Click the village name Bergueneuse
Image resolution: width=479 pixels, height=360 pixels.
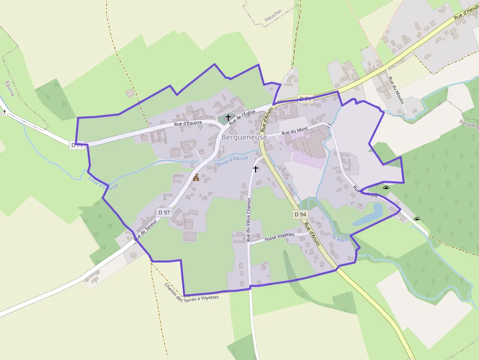click(244, 138)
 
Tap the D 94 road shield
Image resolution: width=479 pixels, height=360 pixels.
click(300, 214)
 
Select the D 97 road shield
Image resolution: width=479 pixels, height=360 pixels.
click(164, 212)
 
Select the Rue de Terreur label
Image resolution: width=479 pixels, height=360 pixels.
click(146, 230)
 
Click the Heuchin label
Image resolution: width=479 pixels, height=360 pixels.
click(274, 18)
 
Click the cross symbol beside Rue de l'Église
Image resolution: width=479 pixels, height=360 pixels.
click(228, 118)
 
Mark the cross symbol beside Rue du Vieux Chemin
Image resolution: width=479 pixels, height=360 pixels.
click(255, 169)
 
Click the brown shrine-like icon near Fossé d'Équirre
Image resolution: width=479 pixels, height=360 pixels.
click(196, 177)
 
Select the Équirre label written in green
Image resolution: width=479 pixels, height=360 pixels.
click(8, 89)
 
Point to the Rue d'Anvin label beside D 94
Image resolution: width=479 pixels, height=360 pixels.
click(311, 233)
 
